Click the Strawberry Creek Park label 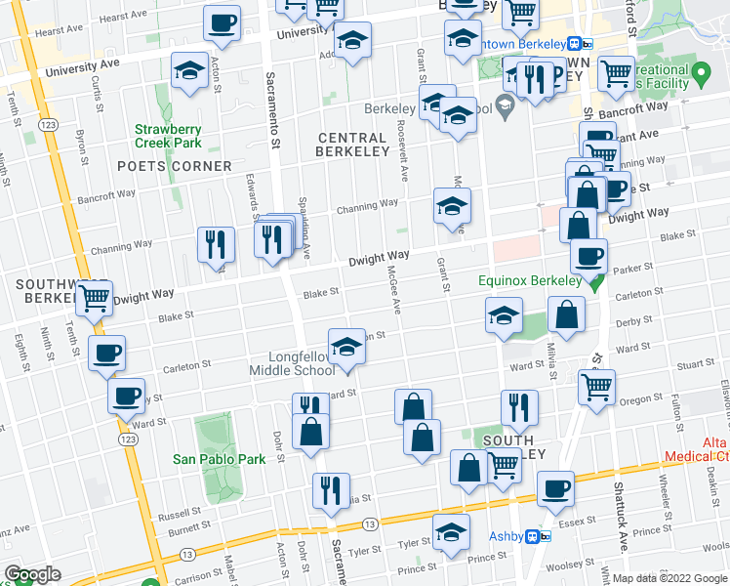(x=168, y=137)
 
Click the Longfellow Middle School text (x=309, y=363)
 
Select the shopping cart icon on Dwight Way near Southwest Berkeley (x=94, y=297)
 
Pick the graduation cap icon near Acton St (x=189, y=70)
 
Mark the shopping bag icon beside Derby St (x=566, y=314)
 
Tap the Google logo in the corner (x=32, y=574)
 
